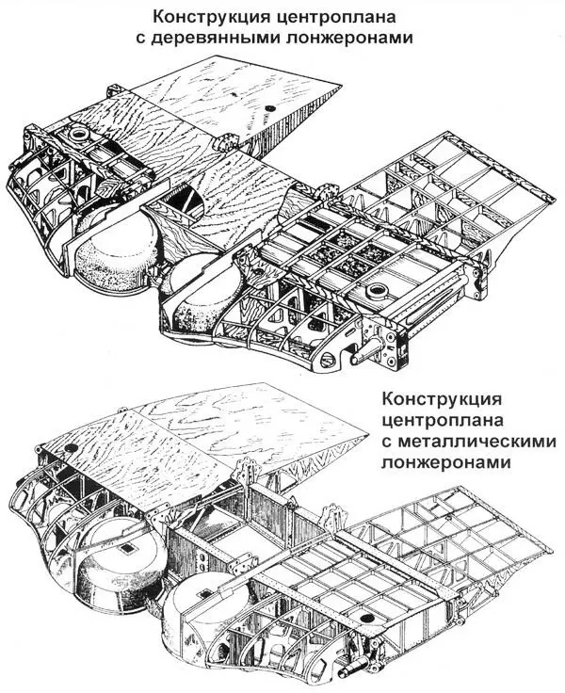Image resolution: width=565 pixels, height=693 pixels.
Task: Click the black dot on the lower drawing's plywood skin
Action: [70, 445]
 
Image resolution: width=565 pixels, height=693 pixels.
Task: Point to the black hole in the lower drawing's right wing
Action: [384, 598]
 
